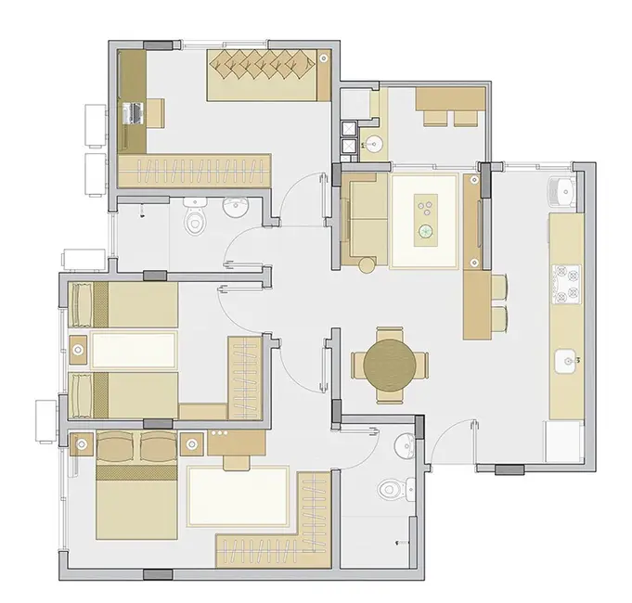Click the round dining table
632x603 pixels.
pos(390,365)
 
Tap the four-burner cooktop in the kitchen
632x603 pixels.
pos(565,285)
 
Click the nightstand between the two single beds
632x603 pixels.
pos(79,351)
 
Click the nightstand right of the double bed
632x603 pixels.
pos(194,443)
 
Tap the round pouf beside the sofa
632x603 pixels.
pos(367,266)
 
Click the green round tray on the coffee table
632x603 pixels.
pos(426,231)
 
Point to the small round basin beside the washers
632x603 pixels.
pos(373,144)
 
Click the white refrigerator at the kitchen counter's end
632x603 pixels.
pos(563,440)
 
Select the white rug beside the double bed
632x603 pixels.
pos(239,496)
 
